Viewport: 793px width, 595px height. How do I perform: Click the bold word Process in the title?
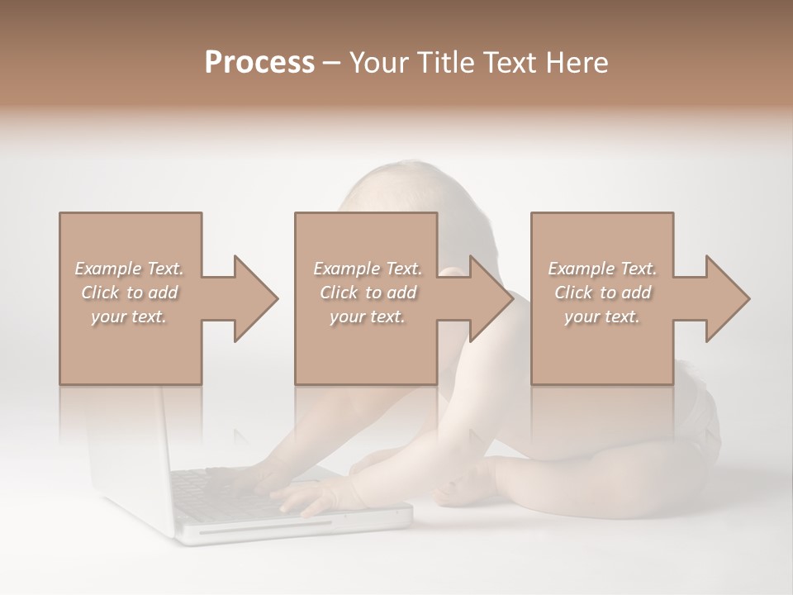[259, 63]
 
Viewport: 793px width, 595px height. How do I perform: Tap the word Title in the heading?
[446, 63]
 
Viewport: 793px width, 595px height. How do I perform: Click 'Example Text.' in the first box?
[129, 269]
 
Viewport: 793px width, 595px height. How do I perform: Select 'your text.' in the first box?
[129, 317]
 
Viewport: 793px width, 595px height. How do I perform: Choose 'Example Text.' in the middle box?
[367, 269]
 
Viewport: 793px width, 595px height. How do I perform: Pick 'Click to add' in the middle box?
[367, 293]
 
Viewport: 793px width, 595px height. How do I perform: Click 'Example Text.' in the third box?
[601, 269]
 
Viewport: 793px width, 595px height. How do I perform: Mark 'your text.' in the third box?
[601, 317]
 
